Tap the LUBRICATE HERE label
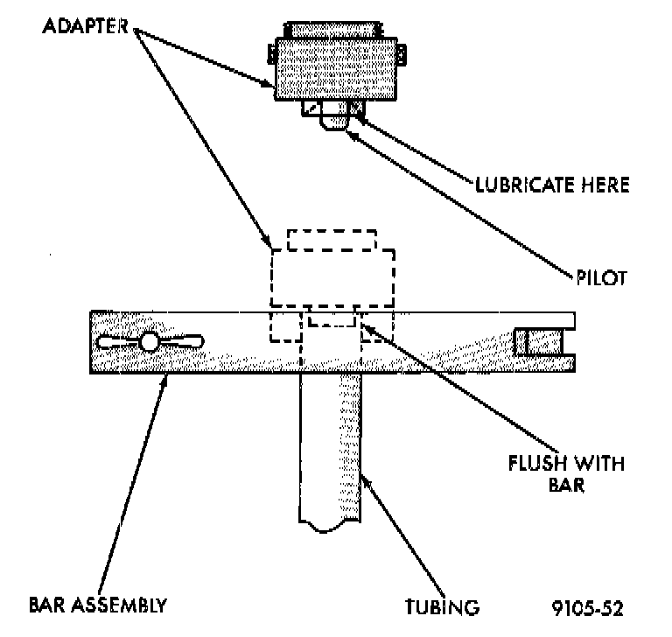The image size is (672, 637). [x=551, y=185]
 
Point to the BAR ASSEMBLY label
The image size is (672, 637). [x=97, y=605]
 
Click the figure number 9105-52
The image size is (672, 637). [x=587, y=605]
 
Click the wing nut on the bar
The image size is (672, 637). [x=150, y=341]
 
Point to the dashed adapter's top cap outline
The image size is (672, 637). [x=332, y=240]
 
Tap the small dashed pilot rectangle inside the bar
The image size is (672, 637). [x=332, y=318]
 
